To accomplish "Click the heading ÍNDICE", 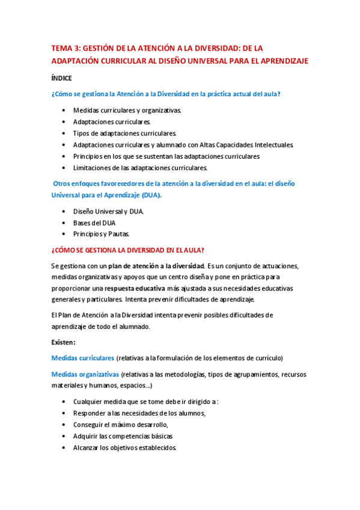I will (62, 78).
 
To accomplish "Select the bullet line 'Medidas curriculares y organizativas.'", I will (127, 111).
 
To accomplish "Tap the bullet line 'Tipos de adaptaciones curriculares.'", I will (124, 134).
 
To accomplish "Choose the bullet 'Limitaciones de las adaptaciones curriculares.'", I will (140, 168).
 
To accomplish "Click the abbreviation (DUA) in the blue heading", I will (148, 195).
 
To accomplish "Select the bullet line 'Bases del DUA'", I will (94, 223).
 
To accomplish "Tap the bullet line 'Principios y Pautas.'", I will (101, 234).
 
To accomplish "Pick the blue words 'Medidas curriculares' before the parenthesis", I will (82, 358).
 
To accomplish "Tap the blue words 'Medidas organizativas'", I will (85, 374).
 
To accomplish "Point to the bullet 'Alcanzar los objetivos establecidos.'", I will (124, 447).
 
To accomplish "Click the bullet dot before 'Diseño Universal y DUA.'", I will (64, 212).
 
